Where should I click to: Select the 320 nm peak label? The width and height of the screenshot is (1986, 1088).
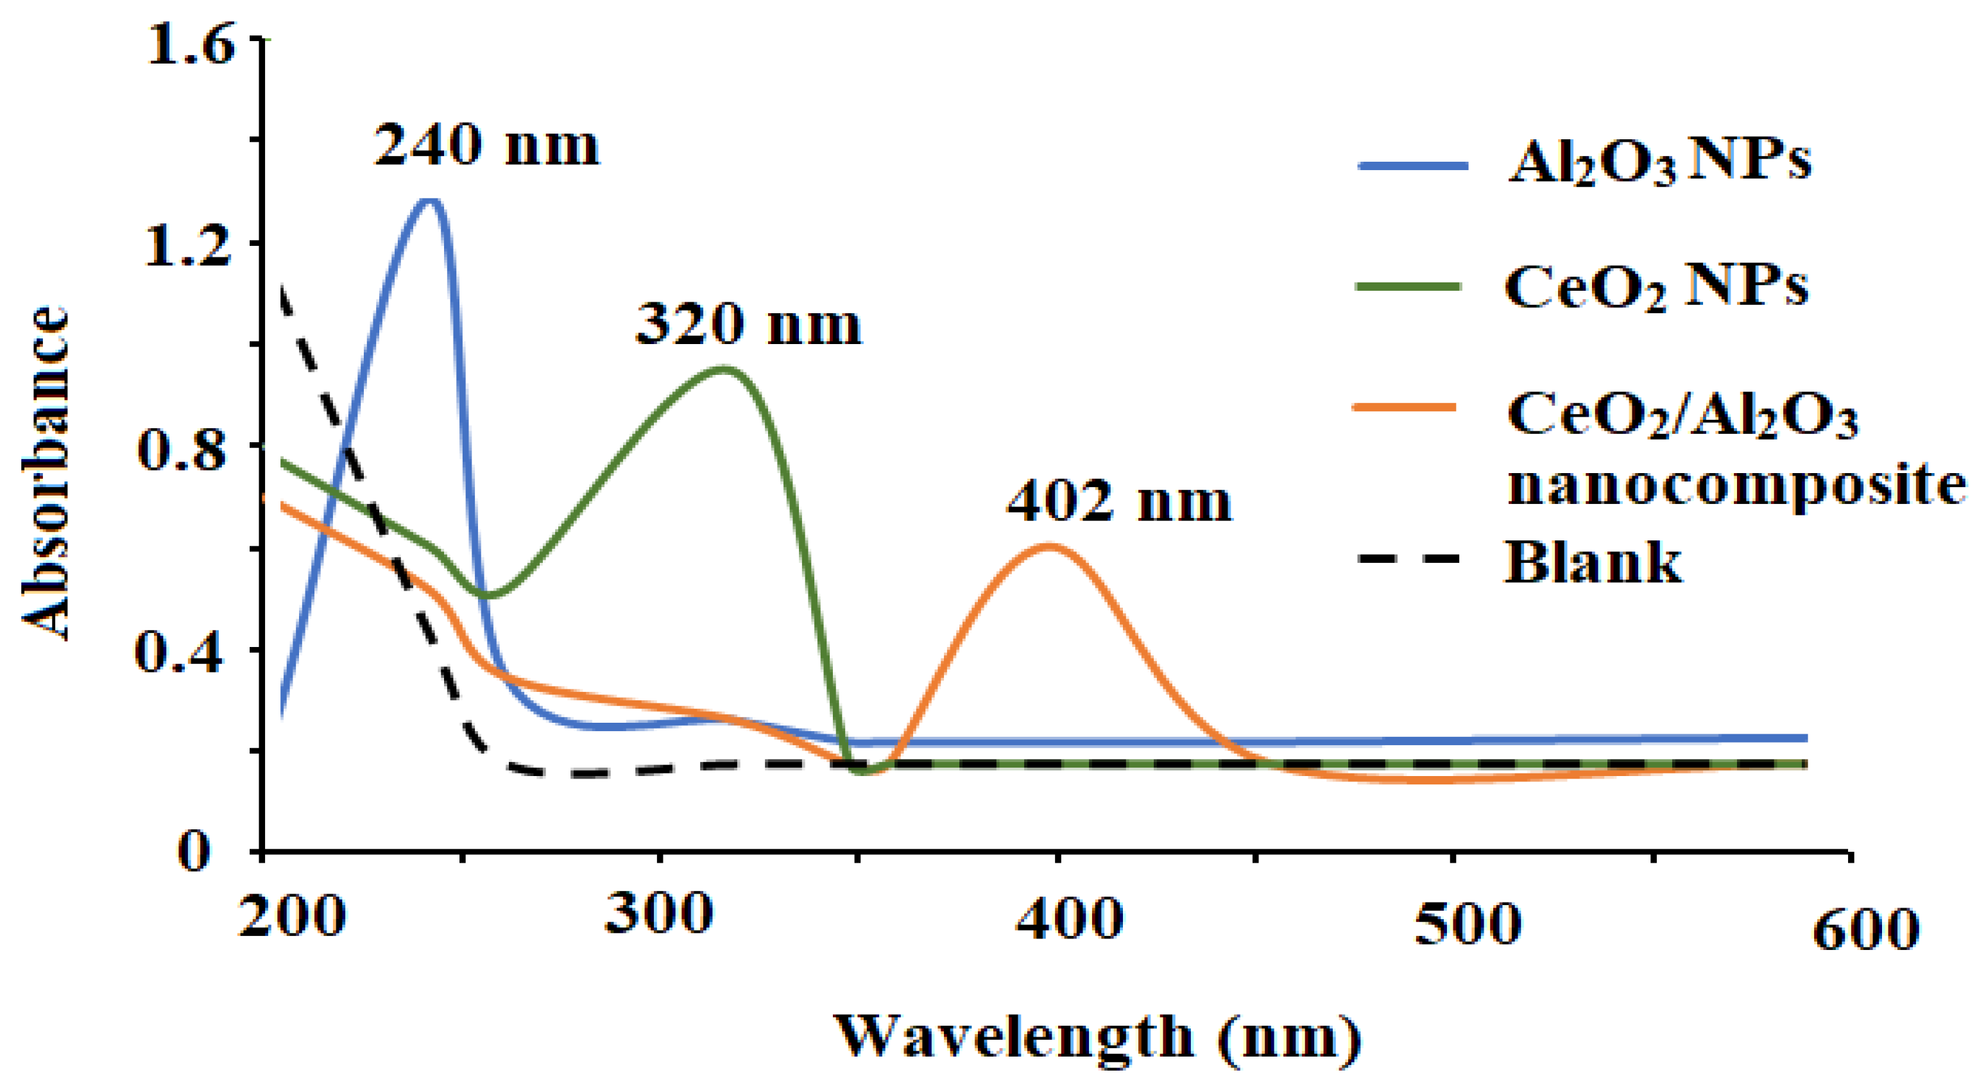point(748,324)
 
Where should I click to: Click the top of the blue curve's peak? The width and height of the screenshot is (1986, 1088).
point(430,202)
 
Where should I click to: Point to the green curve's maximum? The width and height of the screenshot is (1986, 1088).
point(724,368)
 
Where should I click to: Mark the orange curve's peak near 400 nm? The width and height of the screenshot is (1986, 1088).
point(1050,547)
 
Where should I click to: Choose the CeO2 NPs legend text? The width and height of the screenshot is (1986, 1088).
point(1656,288)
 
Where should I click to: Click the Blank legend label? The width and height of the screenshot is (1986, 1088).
point(1593,562)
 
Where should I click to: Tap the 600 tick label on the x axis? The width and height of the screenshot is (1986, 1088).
point(1864,930)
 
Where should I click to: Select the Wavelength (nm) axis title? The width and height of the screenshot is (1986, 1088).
point(1098,1037)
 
